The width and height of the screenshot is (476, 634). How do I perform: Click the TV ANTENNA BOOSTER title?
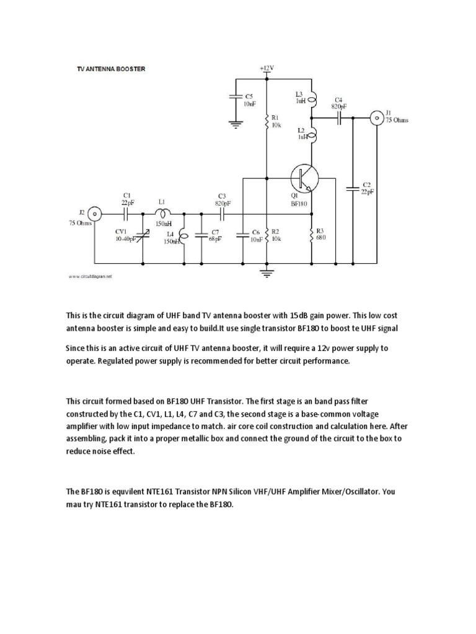pyautogui.click(x=110, y=69)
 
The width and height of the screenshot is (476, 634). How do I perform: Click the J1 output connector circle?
pyautogui.click(x=376, y=117)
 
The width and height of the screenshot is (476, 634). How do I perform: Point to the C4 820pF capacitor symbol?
pyautogui.click(x=340, y=117)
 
